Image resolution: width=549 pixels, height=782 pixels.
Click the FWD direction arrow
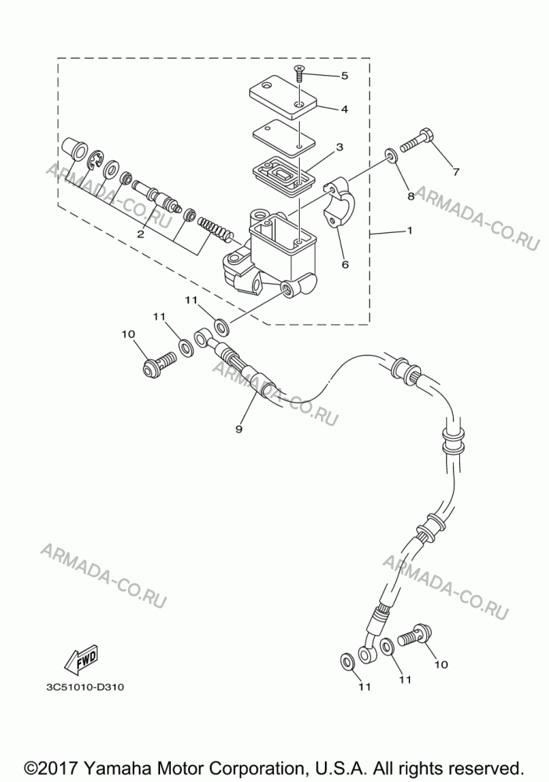click(x=80, y=658)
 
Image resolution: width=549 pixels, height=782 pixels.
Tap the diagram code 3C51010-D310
click(x=84, y=687)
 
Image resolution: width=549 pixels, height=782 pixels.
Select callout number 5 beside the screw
click(x=344, y=76)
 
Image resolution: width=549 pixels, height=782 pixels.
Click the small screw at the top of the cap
click(x=299, y=75)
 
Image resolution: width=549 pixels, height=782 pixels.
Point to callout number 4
click(x=344, y=109)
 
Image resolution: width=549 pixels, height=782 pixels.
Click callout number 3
click(x=339, y=147)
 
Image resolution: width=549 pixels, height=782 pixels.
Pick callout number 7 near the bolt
click(x=456, y=172)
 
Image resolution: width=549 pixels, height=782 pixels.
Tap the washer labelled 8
click(x=390, y=156)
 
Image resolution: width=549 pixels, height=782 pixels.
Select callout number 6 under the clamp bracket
click(x=345, y=264)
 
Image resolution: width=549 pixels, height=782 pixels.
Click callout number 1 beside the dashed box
click(x=409, y=231)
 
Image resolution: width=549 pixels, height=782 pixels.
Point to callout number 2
click(x=141, y=234)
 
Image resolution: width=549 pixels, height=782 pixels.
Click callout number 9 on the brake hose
click(x=239, y=429)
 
